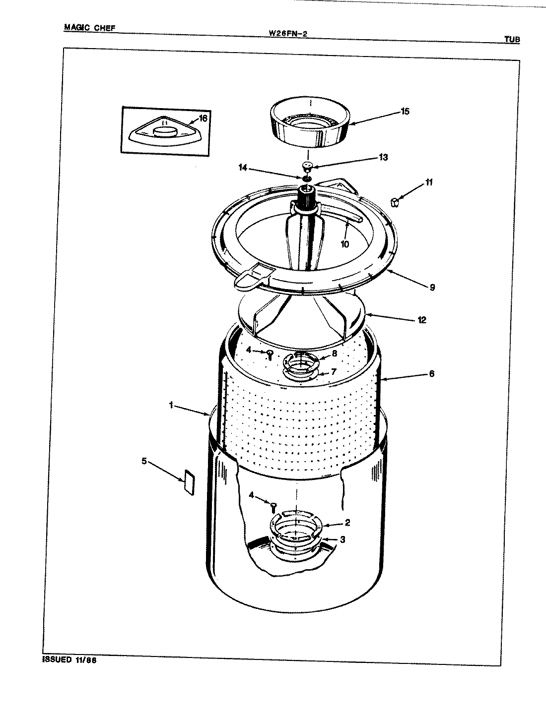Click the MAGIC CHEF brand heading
click(89, 28)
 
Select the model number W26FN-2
click(291, 34)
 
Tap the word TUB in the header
click(512, 40)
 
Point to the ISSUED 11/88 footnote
click(66, 660)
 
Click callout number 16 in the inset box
click(203, 118)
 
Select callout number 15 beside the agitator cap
click(405, 112)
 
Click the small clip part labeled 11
click(395, 202)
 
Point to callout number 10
click(344, 244)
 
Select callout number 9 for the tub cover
click(432, 287)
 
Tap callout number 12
click(421, 320)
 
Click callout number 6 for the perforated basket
click(431, 374)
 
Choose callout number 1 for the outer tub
click(170, 405)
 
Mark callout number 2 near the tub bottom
click(347, 523)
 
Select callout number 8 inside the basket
click(334, 354)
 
